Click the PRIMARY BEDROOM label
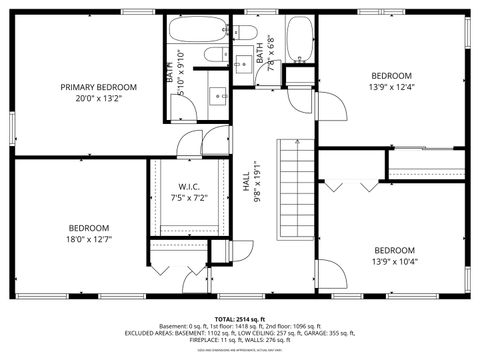point(97,87)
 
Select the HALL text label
point(246,182)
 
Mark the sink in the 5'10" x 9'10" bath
point(218,96)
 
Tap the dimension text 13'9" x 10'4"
point(393,262)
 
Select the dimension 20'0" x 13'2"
point(97,99)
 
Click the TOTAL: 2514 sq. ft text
point(239,317)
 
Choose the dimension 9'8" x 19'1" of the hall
point(257,182)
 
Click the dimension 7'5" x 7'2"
point(191,198)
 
